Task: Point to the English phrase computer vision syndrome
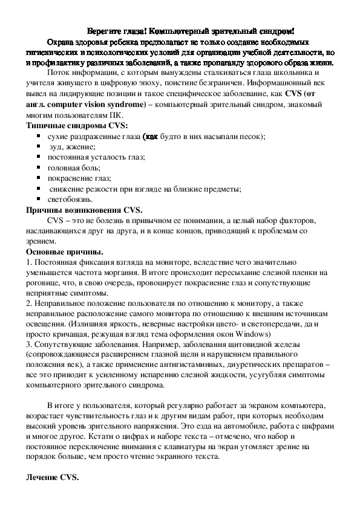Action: (x=99, y=105)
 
